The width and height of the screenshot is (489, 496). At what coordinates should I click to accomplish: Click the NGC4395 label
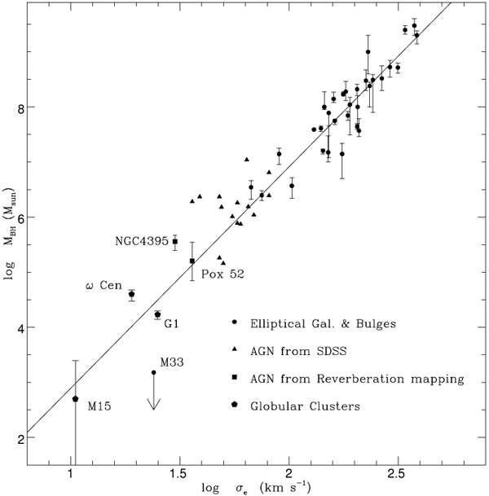(143, 242)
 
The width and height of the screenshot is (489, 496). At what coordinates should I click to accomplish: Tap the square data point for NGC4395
(175, 241)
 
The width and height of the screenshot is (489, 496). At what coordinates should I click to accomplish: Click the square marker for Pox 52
(192, 261)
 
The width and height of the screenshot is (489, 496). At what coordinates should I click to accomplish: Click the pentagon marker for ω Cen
(132, 294)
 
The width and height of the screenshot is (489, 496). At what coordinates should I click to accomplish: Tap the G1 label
(172, 323)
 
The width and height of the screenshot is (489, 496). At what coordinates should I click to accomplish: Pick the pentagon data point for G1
(158, 314)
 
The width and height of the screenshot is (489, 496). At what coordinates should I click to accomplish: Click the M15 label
(99, 405)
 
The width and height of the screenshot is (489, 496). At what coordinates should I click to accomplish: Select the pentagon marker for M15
(76, 398)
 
